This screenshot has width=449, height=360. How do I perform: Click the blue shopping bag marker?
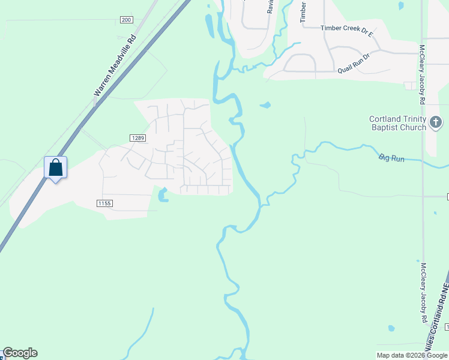tap(55, 169)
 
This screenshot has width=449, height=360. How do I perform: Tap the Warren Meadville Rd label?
tap(115, 65)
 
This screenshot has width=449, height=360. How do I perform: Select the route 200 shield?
tap(126, 20)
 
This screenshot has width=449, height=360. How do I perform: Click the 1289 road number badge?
tap(137, 138)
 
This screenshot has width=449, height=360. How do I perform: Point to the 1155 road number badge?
tap(104, 203)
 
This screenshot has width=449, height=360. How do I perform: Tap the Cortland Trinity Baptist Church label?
tap(397, 123)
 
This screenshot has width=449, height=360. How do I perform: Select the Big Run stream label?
tap(391, 158)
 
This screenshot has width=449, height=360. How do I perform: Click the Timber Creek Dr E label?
tap(347, 28)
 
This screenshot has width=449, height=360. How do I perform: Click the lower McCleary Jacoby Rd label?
tap(423, 293)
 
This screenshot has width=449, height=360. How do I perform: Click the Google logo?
tap(20, 353)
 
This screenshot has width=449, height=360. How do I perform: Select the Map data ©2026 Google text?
tap(412, 355)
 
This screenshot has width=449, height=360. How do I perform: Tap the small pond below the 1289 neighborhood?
tap(162, 195)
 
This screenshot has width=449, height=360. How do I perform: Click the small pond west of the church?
tap(265, 106)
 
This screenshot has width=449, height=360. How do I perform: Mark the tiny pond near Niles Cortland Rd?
tap(391, 328)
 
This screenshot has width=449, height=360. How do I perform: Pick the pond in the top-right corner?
tap(400, 5)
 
